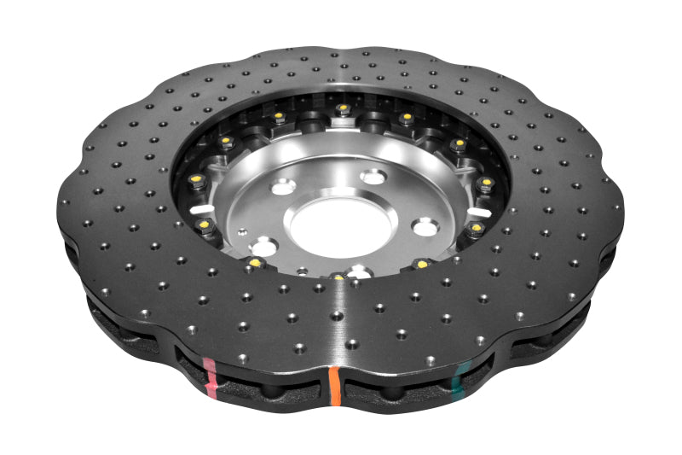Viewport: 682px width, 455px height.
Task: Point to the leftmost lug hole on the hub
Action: click(x=265, y=245)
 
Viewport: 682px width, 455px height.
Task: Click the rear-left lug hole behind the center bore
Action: click(x=283, y=187)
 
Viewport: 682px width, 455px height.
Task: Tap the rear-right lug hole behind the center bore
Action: click(x=373, y=178)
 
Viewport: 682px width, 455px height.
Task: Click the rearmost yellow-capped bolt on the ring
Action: click(x=343, y=108)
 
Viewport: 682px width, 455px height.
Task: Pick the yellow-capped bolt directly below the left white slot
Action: click(x=205, y=225)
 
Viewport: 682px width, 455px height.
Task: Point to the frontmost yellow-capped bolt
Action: click(x=339, y=277)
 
